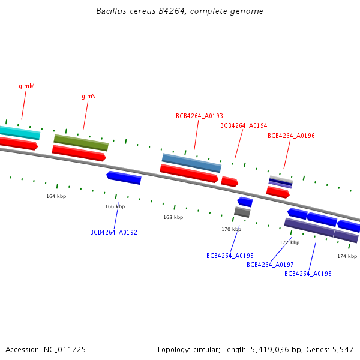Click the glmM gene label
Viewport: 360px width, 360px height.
27,86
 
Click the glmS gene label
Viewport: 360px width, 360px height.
89,96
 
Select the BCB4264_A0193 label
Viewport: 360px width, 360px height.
199,116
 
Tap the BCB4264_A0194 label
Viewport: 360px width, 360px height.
244,125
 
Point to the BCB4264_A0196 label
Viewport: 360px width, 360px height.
291,136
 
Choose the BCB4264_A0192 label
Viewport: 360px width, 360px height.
113,232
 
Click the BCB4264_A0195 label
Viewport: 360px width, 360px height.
230,256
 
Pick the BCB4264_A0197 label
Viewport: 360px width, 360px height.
270,265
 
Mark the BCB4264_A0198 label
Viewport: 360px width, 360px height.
308,274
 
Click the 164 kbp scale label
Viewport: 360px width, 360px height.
56,196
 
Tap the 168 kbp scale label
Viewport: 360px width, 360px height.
173,217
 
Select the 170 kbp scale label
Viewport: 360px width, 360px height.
231,229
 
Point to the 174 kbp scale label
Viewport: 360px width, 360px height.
347,256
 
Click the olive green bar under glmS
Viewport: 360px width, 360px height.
81,143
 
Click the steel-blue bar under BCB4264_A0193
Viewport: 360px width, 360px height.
191,163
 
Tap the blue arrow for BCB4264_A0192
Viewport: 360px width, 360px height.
124,177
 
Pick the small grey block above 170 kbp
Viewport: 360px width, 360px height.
242,212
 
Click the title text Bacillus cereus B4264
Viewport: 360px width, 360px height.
180,11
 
